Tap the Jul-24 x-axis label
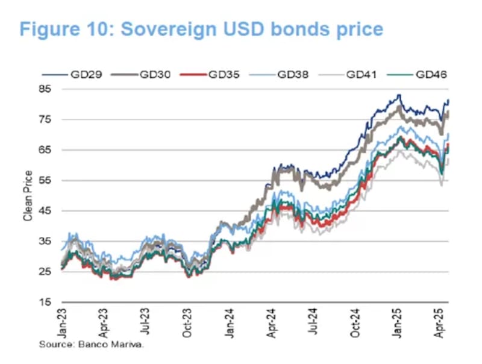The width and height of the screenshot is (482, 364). (x=313, y=323)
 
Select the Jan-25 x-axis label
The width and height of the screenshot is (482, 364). (x=398, y=323)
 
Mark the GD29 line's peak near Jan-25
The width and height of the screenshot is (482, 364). (x=398, y=95)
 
